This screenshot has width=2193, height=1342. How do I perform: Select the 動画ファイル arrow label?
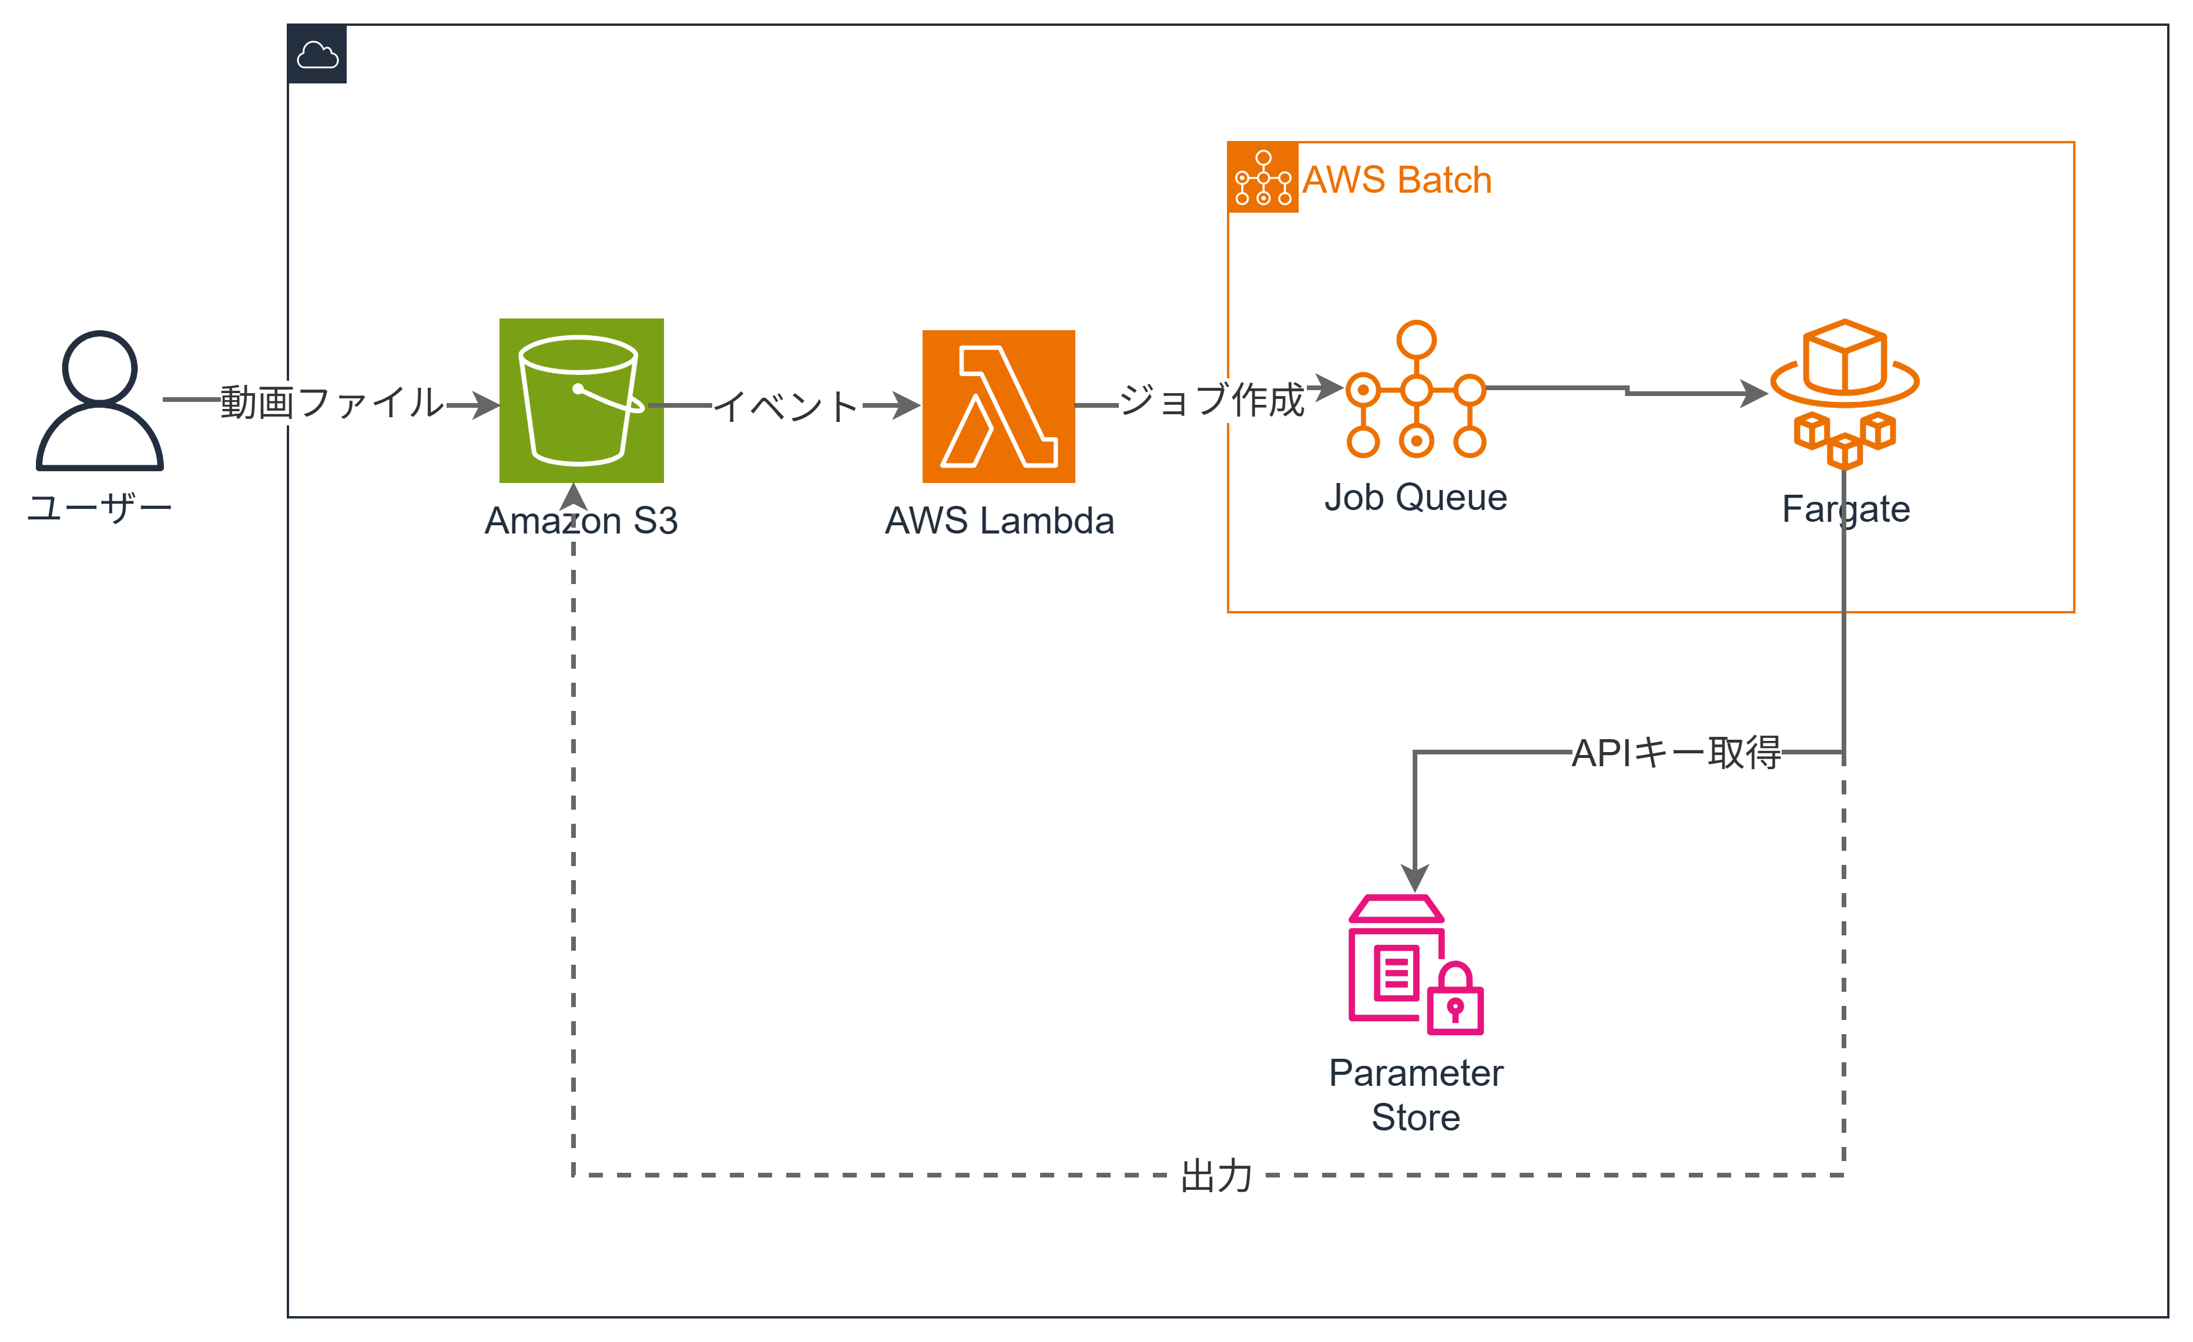pyautogui.click(x=333, y=402)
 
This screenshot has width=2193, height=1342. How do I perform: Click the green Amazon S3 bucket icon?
pyautogui.click(x=581, y=401)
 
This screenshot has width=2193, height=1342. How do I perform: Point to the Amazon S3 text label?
pyautogui.click(x=581, y=521)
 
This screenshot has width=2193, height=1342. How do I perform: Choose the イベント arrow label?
pyautogui.click(x=787, y=407)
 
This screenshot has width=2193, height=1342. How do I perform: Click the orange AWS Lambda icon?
pyautogui.click(x=998, y=406)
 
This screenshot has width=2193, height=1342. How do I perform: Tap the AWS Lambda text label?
pyautogui.click(x=998, y=521)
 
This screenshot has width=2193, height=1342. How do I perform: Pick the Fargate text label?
pyautogui.click(x=1845, y=509)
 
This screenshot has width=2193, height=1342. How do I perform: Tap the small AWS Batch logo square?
pyautogui.click(x=1262, y=177)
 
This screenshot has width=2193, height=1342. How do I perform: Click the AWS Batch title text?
pyautogui.click(x=1396, y=180)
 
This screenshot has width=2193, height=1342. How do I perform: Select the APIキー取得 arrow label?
pyautogui.click(x=1676, y=753)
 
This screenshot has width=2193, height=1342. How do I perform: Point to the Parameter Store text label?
pyautogui.click(x=1415, y=1095)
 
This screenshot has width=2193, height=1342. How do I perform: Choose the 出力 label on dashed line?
pyautogui.click(x=1216, y=1176)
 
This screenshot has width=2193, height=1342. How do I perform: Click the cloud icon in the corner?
pyautogui.click(x=317, y=55)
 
